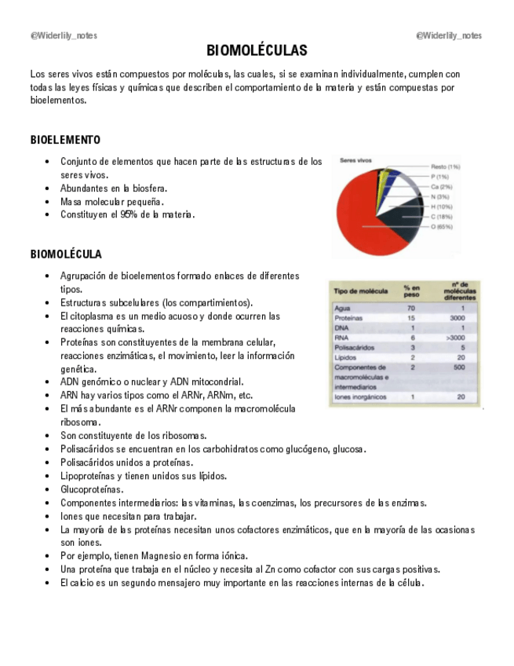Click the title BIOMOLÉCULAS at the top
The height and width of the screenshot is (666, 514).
click(x=257, y=51)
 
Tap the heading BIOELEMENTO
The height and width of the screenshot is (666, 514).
click(x=65, y=140)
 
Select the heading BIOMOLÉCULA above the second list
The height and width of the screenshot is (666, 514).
click(x=66, y=254)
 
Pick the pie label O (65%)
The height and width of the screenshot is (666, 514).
click(x=442, y=227)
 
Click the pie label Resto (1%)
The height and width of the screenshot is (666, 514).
click(x=445, y=166)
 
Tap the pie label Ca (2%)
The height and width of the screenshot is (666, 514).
click(x=441, y=187)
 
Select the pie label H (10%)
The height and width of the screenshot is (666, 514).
click(x=442, y=207)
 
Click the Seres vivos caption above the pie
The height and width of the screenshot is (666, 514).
click(x=355, y=160)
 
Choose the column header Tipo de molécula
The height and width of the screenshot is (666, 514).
click(x=360, y=291)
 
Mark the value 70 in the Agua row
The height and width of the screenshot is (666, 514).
click(x=410, y=308)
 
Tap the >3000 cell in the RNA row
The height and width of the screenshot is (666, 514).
click(x=457, y=338)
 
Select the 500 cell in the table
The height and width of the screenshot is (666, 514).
click(x=458, y=367)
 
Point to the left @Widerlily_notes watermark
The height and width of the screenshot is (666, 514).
click(x=64, y=35)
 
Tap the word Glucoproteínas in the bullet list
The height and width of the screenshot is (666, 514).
click(x=91, y=489)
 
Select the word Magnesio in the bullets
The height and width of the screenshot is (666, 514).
click(x=163, y=555)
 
